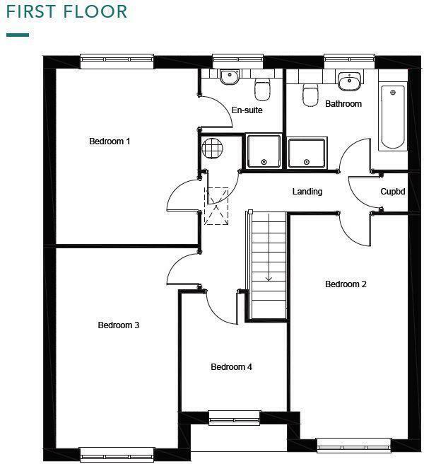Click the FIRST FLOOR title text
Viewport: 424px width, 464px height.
[x=67, y=12]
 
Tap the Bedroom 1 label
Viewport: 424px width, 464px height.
[x=110, y=141]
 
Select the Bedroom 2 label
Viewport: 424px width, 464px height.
[x=346, y=284]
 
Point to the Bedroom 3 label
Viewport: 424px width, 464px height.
[x=118, y=325]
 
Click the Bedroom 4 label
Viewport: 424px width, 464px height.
[x=231, y=367]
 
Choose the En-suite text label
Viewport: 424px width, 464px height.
[x=247, y=110]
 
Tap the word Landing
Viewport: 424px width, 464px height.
[x=307, y=192]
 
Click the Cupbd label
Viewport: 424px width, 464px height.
[x=392, y=192]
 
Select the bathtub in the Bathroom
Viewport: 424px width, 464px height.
[x=393, y=117]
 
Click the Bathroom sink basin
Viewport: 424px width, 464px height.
[x=348, y=83]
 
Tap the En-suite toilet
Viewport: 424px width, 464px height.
[x=263, y=91]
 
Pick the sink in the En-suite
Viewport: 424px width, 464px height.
[x=229, y=77]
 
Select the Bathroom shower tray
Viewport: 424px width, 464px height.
[x=307, y=153]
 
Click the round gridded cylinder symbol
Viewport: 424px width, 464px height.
[x=212, y=148]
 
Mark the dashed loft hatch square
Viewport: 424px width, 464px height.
[x=217, y=206]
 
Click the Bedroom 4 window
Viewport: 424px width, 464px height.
[x=234, y=418]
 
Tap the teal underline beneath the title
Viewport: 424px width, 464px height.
[x=18, y=34]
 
